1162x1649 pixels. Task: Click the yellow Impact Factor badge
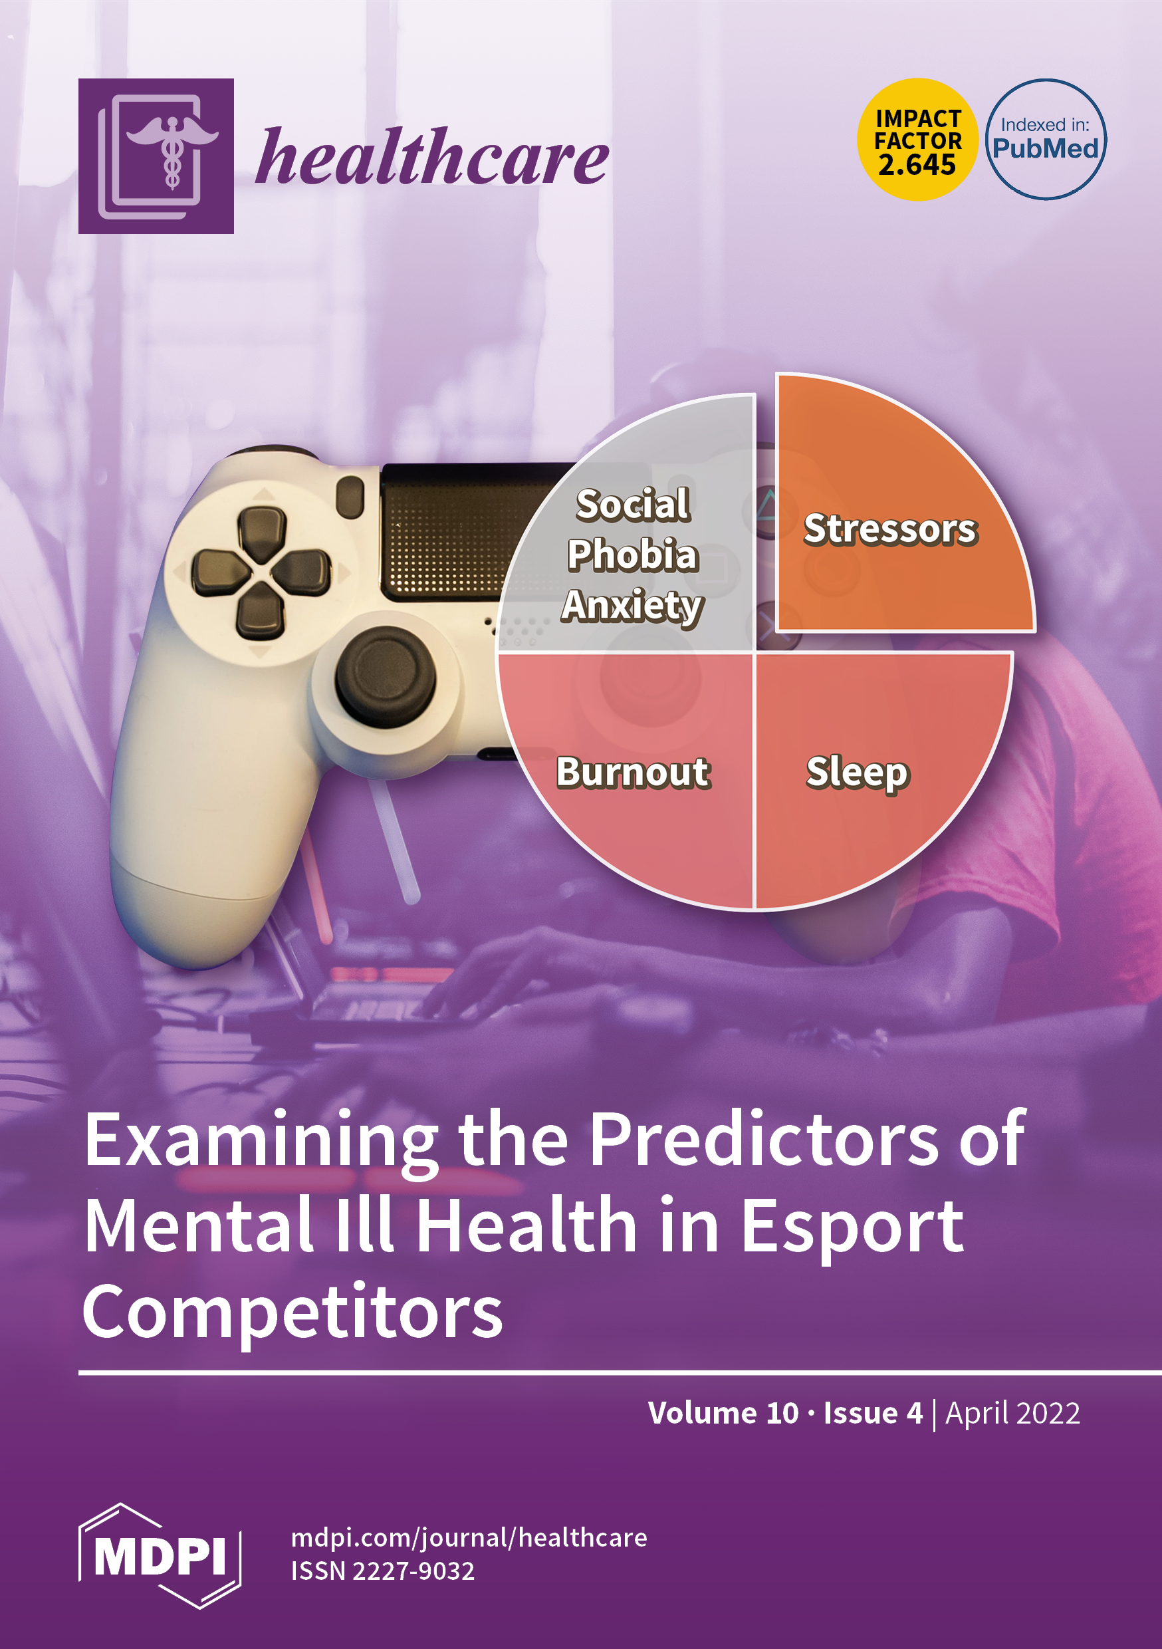(918, 140)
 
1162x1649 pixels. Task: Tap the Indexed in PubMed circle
(1046, 140)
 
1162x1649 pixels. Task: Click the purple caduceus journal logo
(156, 156)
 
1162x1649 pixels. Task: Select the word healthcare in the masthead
(432, 156)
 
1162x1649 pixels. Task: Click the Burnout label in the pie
(634, 773)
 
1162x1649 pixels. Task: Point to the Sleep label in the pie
(858, 774)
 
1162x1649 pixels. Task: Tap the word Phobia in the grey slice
(633, 555)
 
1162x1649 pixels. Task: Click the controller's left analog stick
(386, 676)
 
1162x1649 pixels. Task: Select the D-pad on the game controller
(261, 572)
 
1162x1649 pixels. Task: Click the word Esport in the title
(852, 1227)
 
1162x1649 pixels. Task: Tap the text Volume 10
(723, 1413)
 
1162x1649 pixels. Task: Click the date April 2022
(1012, 1414)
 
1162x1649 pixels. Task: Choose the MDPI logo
(160, 1556)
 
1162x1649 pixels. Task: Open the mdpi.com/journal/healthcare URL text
(469, 1538)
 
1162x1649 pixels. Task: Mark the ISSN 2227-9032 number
(383, 1571)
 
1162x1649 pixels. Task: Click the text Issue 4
(873, 1413)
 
